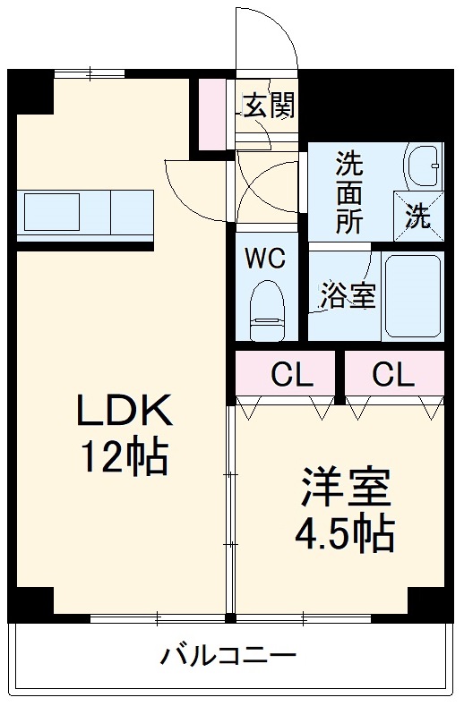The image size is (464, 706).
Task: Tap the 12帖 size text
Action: (125, 457)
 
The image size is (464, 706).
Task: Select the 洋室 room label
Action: (345, 488)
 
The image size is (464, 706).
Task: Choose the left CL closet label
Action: (293, 375)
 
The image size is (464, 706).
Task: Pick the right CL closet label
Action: (393, 375)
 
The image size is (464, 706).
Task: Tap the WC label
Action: (266, 259)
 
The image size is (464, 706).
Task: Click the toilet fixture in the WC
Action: (266, 309)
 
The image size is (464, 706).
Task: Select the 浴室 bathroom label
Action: (348, 296)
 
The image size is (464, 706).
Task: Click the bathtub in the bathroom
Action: (412, 295)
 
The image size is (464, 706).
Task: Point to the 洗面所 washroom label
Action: (349, 193)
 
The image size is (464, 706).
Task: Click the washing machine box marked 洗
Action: (418, 217)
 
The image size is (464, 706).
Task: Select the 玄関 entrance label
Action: (269, 107)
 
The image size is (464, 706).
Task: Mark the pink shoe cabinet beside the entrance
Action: (214, 115)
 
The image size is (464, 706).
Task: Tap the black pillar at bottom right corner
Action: (427, 603)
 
